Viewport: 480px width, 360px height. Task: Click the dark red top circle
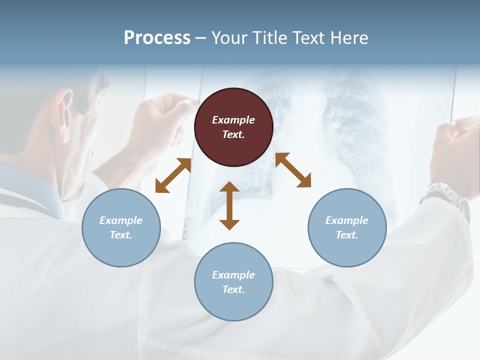click(233, 127)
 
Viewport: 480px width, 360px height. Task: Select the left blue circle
click(121, 227)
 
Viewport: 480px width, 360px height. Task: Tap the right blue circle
click(347, 227)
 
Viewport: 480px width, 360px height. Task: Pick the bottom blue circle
click(233, 281)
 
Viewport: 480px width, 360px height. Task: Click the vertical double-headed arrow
click(229, 205)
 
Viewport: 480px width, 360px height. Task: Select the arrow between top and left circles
click(173, 175)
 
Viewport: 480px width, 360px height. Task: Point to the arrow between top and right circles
click(293, 170)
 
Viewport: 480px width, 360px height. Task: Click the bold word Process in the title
click(157, 37)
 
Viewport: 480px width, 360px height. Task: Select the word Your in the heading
click(229, 37)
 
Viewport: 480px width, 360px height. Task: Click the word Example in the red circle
click(233, 120)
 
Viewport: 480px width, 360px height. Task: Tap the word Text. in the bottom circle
click(233, 289)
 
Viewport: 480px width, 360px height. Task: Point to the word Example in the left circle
click(121, 220)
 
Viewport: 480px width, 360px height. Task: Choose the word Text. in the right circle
click(347, 235)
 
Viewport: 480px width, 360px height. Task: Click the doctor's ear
click(63, 107)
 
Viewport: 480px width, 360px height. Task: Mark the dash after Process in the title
click(201, 38)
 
